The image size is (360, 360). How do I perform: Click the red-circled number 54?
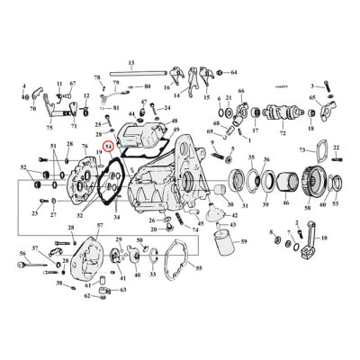[109, 144]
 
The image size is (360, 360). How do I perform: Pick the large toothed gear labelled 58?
[313, 184]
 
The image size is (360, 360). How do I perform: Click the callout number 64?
[234, 72]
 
